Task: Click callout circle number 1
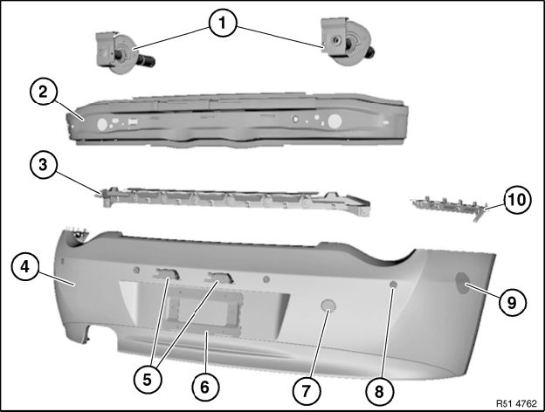pos(223,23)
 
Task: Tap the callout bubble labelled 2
pos(43,92)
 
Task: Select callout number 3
pos(43,165)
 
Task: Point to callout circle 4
pos(25,267)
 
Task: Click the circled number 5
pos(148,380)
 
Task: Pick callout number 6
pos(205,387)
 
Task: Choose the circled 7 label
pos(307,391)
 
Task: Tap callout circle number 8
pos(380,391)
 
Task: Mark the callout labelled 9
pos(513,303)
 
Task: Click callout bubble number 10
pos(517,200)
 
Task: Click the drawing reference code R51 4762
pos(516,403)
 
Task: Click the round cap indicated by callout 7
pos(328,306)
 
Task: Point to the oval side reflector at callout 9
pos(463,283)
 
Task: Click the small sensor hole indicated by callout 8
pos(393,285)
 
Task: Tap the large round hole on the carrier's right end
pos(335,120)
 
